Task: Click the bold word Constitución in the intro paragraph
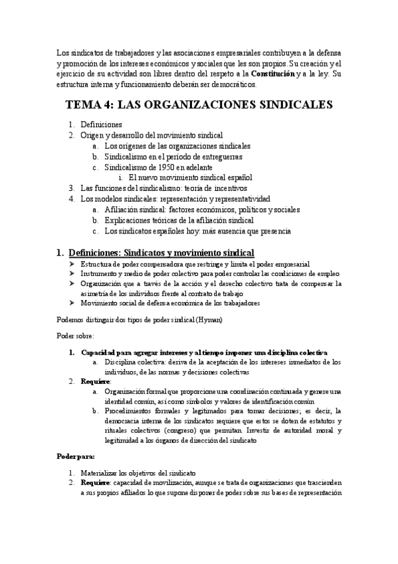(269, 73)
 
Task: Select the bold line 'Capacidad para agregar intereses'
(204, 352)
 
